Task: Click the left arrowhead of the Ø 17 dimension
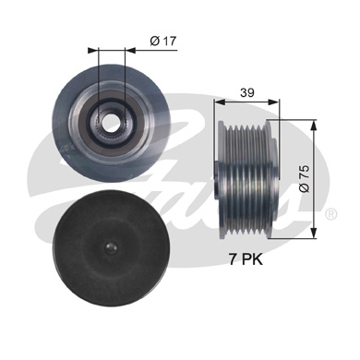coord(93,49)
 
